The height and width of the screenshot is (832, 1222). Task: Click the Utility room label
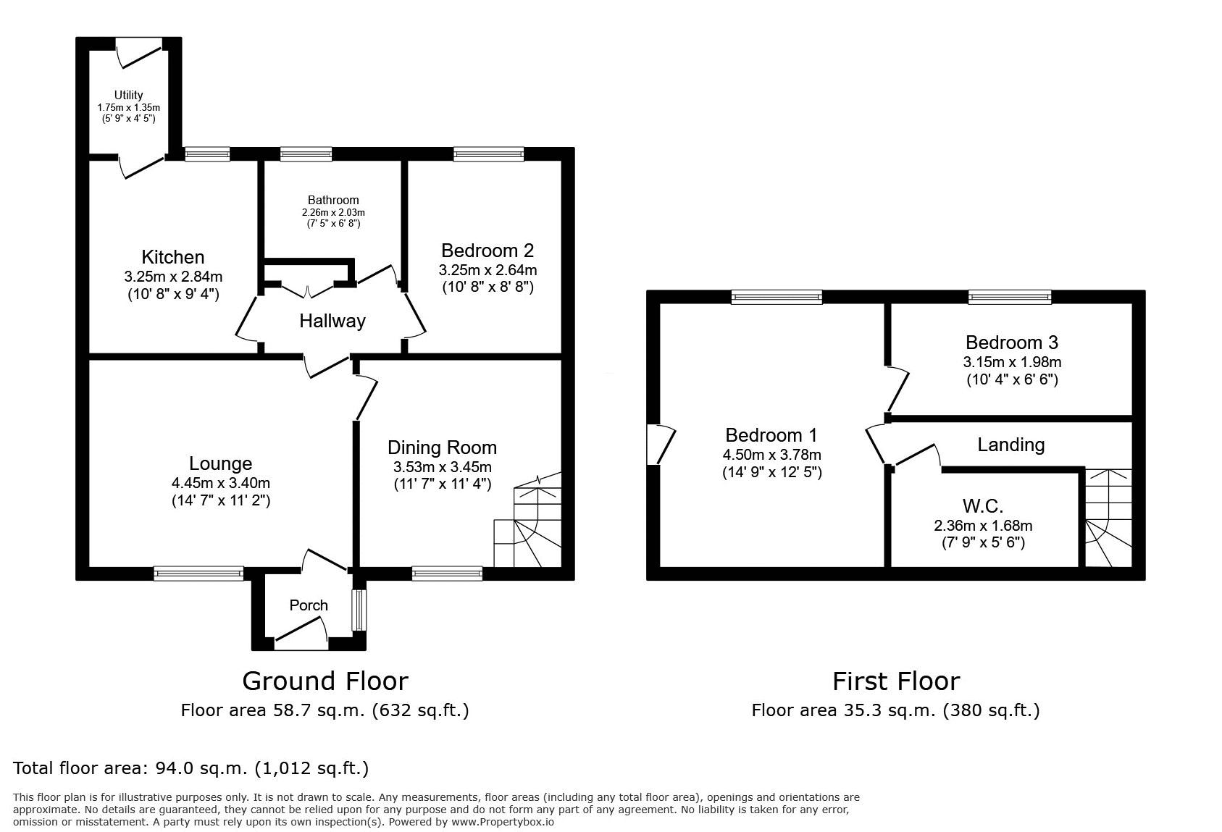click(x=129, y=95)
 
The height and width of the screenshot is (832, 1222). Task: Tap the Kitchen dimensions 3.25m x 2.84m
click(x=173, y=277)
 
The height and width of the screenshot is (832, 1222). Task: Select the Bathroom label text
click(x=333, y=200)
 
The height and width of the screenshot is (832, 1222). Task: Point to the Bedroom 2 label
click(x=487, y=251)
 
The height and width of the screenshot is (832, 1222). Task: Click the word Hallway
click(x=332, y=321)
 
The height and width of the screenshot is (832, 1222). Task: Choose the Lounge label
click(x=220, y=463)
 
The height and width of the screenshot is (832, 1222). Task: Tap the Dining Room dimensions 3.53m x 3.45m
click(x=443, y=467)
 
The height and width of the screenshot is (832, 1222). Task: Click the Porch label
click(x=309, y=605)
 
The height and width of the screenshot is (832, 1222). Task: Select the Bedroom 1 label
click(x=771, y=435)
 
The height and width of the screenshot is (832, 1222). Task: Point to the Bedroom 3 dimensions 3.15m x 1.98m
click(x=1012, y=361)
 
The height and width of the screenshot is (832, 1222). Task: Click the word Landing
click(x=1011, y=445)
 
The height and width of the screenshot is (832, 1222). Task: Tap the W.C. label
click(x=982, y=506)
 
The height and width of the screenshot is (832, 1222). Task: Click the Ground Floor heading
click(x=325, y=681)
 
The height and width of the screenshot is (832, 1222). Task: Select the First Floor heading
click(x=896, y=681)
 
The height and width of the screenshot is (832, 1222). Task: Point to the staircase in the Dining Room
click(x=527, y=520)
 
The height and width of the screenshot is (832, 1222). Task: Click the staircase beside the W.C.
click(x=1108, y=518)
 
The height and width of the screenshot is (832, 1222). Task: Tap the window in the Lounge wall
click(x=198, y=573)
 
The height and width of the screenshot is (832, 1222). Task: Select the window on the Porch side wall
click(x=359, y=610)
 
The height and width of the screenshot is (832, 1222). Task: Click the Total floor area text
click(x=191, y=768)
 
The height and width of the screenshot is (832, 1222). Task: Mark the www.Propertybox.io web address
click(x=503, y=822)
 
